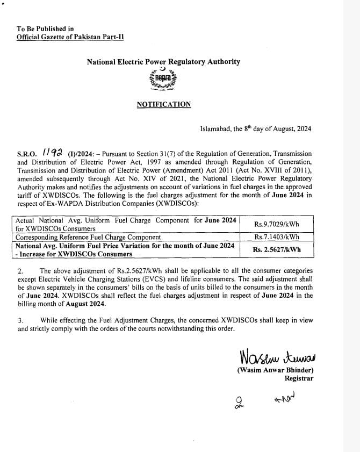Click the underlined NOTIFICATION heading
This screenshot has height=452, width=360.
tap(163, 104)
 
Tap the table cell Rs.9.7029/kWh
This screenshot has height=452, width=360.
tap(276, 224)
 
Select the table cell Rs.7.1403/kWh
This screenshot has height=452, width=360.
tap(276, 237)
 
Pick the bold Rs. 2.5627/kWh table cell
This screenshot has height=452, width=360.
tap(276, 249)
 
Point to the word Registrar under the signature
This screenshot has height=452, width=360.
tap(299, 378)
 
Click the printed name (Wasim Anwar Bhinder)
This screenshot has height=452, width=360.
tap(275, 370)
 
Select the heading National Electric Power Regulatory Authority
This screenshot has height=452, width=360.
tap(163, 62)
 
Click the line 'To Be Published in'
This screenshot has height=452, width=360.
tap(45, 28)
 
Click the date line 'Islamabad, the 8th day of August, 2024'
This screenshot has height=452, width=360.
tap(255, 129)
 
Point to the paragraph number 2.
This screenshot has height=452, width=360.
tap(20, 271)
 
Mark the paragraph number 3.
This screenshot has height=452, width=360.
tap(20, 320)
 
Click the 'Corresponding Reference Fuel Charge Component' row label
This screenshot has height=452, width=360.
tap(88, 237)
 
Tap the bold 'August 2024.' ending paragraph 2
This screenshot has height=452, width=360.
tap(89, 304)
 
